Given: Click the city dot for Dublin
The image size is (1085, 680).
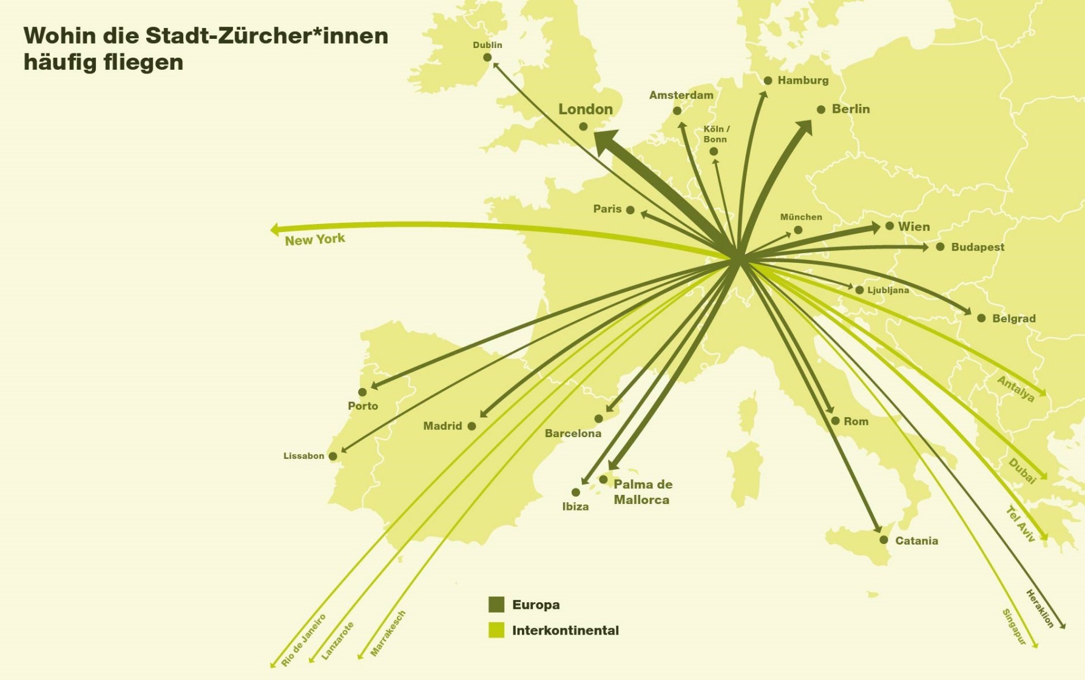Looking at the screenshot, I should [x=487, y=58].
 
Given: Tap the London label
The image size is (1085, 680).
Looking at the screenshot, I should [x=586, y=109].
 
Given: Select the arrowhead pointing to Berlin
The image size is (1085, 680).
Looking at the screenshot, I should [x=805, y=127].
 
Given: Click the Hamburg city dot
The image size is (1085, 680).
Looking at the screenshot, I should [x=768, y=81].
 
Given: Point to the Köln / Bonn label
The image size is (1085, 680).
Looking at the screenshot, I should [x=716, y=134].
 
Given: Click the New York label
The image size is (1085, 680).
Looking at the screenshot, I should [x=315, y=239].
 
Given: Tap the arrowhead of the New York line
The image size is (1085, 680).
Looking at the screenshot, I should [x=274, y=229].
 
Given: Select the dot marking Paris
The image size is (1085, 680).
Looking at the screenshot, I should [x=630, y=210].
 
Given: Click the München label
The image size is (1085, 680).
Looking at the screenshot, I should [x=801, y=217].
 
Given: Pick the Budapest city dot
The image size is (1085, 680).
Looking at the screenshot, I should [x=940, y=246].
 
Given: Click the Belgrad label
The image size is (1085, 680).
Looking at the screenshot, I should [x=1013, y=318].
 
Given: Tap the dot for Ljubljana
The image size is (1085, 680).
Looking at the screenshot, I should [x=859, y=290].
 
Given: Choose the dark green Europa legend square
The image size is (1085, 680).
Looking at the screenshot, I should [x=496, y=604].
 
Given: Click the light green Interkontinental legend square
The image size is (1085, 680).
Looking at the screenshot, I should [x=496, y=630].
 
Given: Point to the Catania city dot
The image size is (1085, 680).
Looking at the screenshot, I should [x=884, y=540].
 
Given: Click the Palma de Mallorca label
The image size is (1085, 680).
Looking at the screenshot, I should [x=643, y=492].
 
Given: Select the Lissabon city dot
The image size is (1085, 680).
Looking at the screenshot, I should [x=333, y=456].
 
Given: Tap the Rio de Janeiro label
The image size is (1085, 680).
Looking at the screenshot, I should [x=303, y=640].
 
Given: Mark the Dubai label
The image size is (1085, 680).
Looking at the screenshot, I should [x=1022, y=471].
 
